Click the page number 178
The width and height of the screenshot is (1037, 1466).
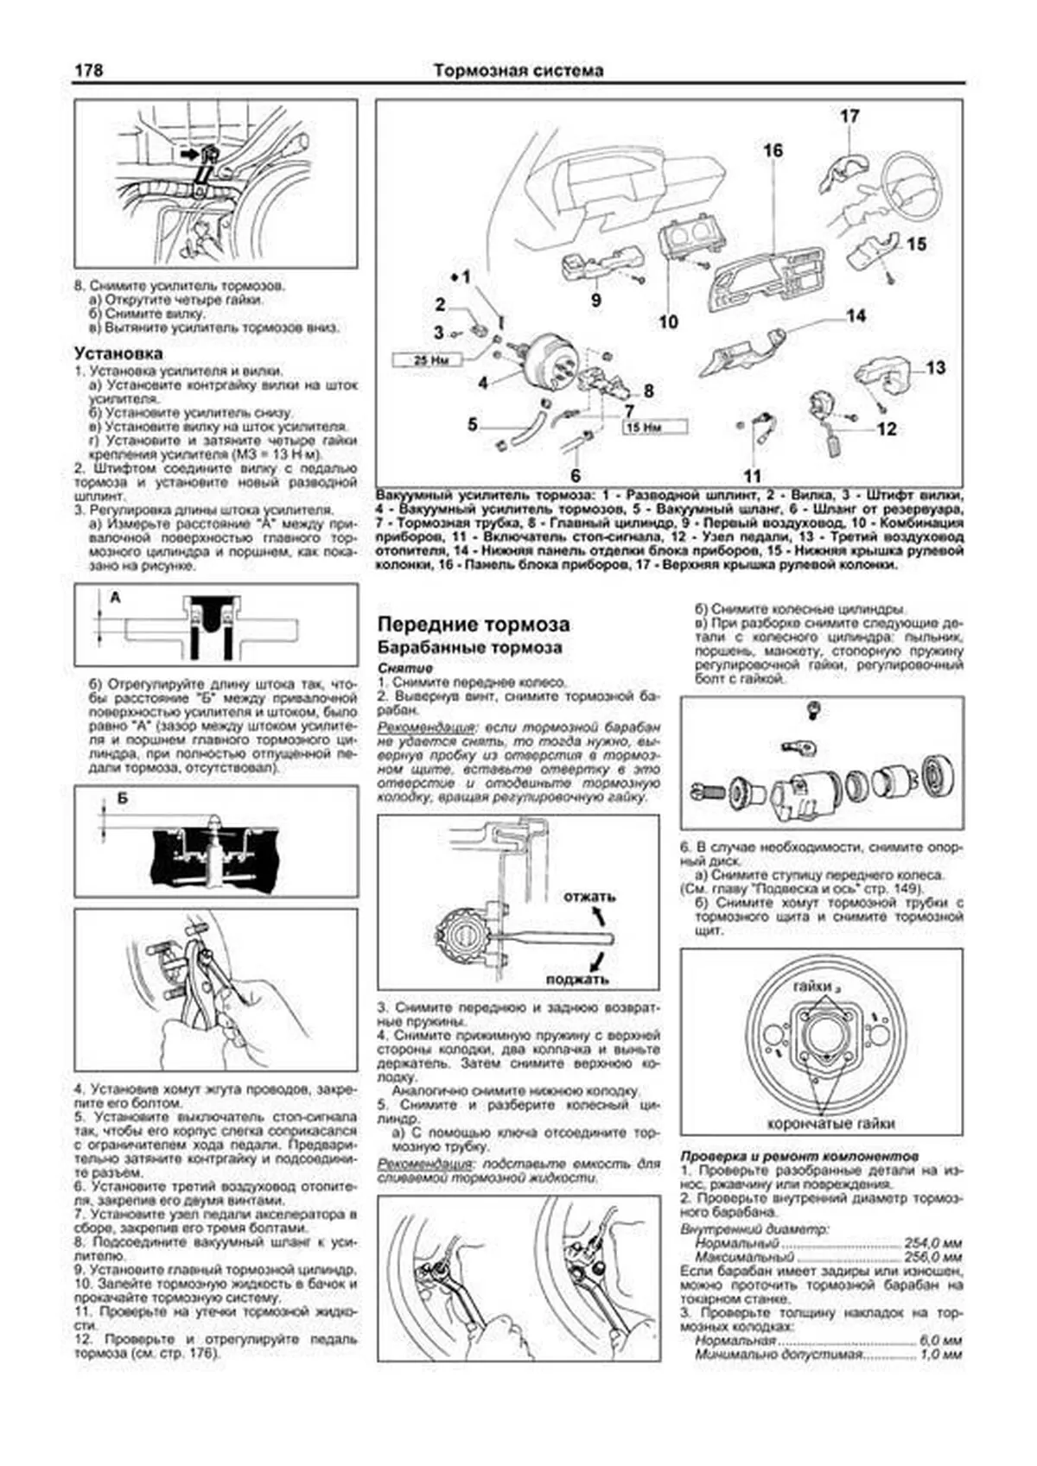[87, 70]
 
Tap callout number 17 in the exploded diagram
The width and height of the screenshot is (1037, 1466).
[849, 116]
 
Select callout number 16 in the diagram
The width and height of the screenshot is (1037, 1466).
[772, 150]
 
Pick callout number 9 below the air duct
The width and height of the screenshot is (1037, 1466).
[595, 301]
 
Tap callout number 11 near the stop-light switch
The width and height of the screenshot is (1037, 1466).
[752, 475]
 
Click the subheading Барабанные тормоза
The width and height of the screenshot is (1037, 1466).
[470, 647]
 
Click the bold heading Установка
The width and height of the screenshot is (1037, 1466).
[118, 352]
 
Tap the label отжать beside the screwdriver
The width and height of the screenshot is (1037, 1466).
[588, 897]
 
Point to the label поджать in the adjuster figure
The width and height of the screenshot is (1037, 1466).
[577, 979]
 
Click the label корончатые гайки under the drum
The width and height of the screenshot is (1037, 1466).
[831, 1123]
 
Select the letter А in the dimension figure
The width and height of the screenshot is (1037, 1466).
[115, 597]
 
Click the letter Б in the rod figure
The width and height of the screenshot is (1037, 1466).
[122, 799]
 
